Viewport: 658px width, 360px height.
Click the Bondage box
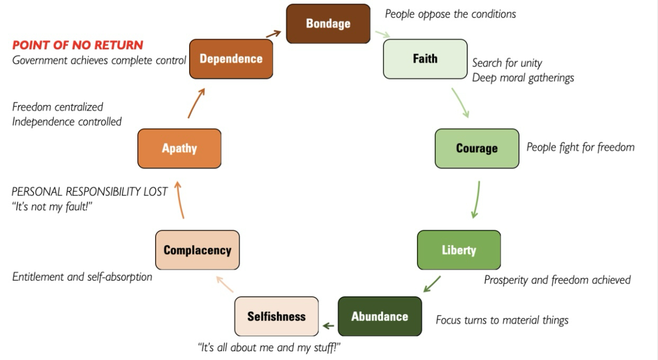[328, 24]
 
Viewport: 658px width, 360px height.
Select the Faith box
[425, 59]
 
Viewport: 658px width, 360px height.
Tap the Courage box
[477, 148]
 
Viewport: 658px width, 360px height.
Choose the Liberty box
[459, 250]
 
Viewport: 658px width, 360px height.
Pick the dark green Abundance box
[380, 317]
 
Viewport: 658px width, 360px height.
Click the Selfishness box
[277, 317]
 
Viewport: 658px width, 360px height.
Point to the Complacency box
[197, 250]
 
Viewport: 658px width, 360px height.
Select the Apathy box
[179, 148]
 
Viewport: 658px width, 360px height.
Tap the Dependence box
[231, 59]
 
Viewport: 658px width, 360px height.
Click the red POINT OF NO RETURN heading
[78, 45]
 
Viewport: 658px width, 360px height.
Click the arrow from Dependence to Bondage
[273, 34]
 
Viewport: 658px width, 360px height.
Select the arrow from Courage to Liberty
[476, 200]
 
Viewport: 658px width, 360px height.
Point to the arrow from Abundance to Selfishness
[328, 326]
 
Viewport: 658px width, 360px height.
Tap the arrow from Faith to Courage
[460, 102]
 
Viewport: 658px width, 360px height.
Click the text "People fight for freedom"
[580, 147]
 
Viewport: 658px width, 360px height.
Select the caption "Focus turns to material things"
[502, 320]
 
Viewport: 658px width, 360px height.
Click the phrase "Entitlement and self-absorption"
[82, 276]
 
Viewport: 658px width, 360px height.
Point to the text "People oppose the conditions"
[450, 14]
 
